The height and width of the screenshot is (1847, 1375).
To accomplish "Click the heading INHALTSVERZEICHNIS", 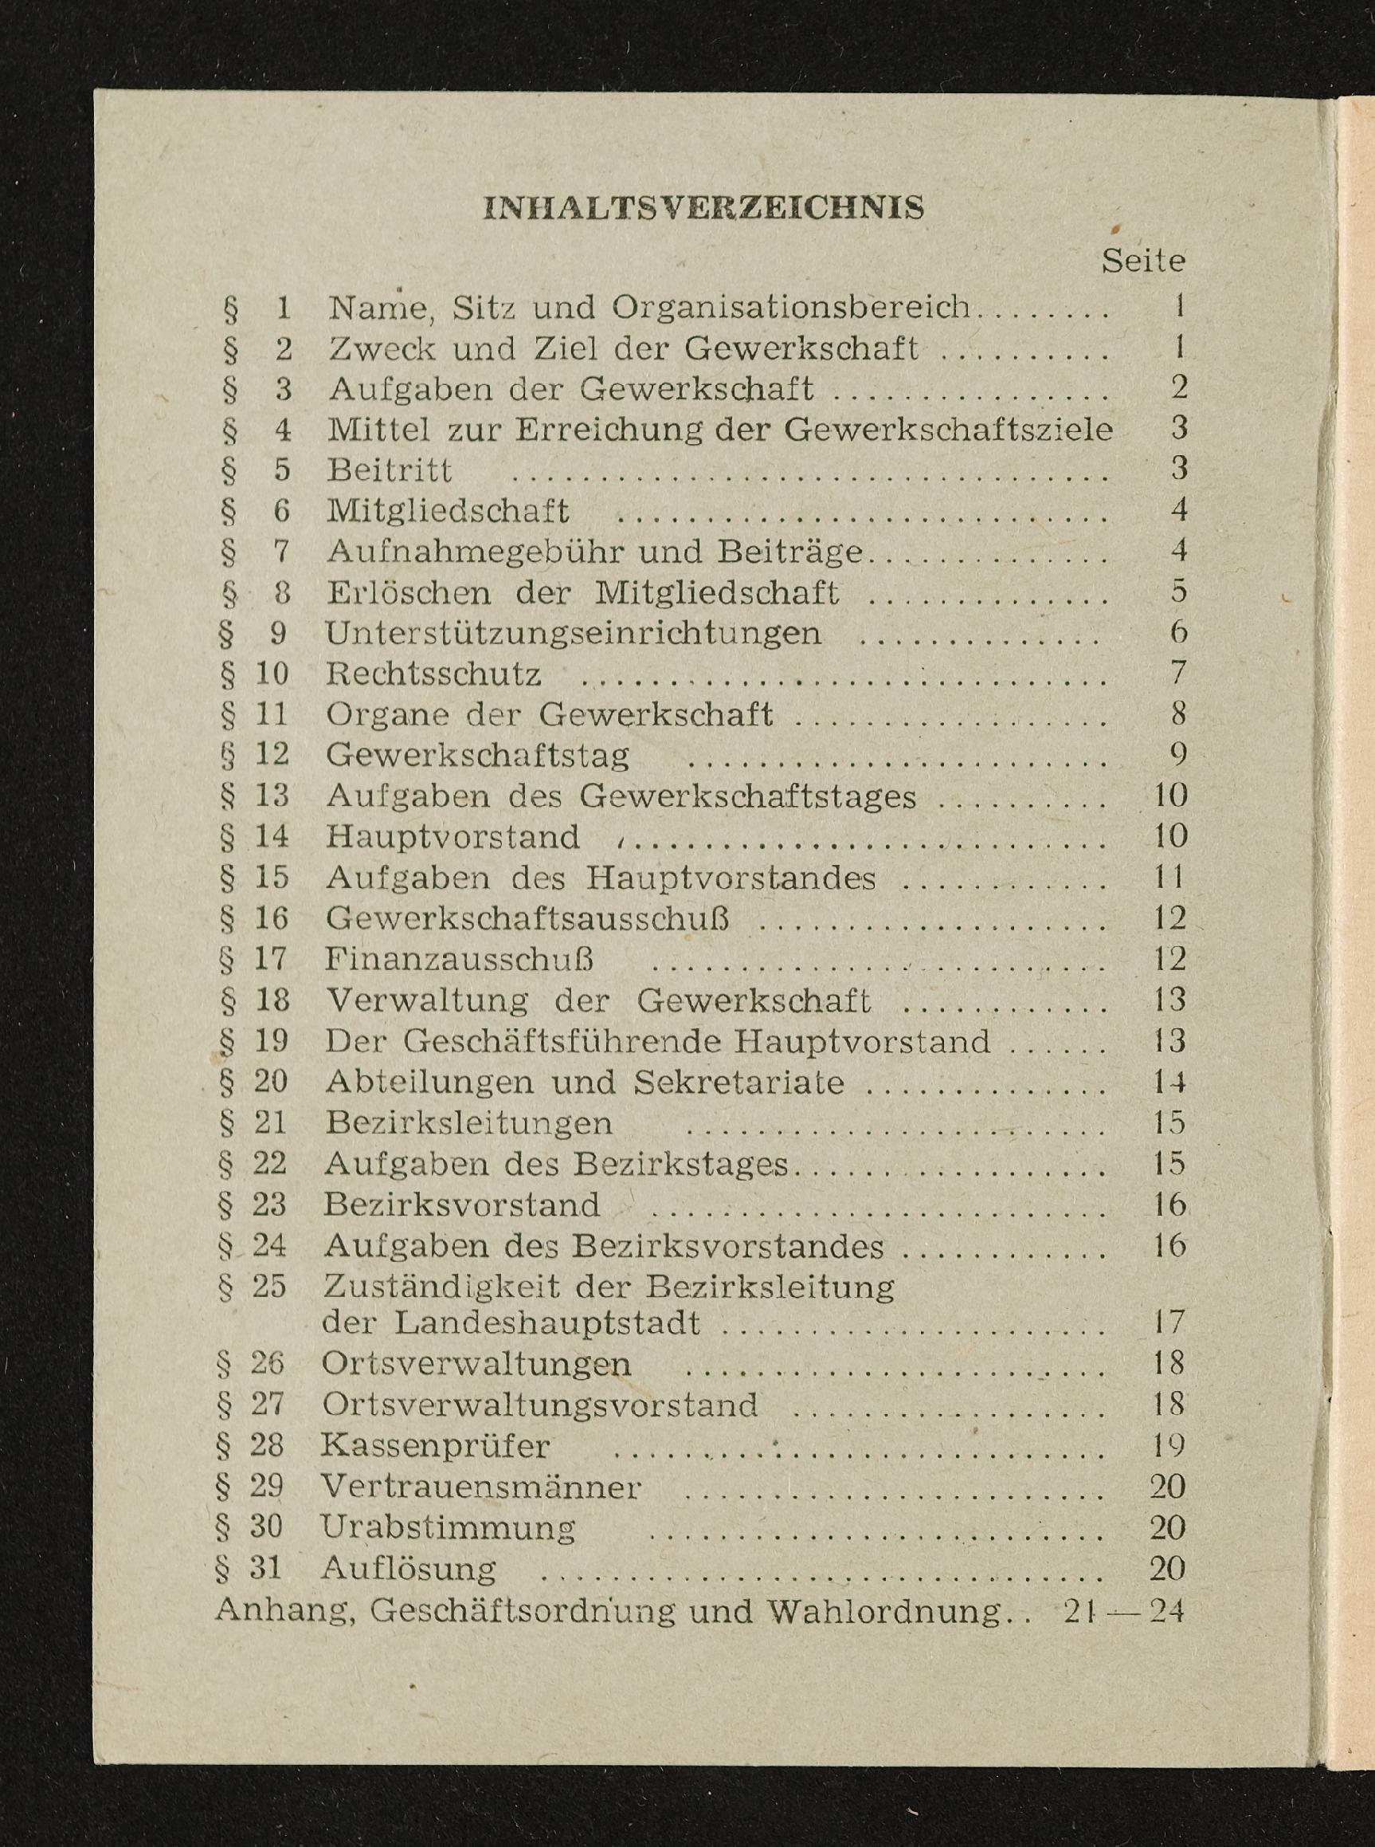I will pos(703,207).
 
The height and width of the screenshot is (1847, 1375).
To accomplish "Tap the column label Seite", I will pos(1143,261).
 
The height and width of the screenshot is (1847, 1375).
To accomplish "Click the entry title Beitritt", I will pos(390,470).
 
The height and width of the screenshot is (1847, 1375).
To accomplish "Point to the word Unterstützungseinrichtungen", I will pos(573,634).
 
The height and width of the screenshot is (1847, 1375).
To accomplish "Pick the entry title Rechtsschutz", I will pos(433,674).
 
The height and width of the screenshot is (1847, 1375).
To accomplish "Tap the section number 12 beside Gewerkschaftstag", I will pos(272,754).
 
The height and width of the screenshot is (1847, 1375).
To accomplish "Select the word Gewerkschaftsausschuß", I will pos(527,918).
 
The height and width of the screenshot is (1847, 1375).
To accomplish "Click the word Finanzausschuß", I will pos(459,959).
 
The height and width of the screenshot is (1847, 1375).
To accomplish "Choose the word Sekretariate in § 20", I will pos(738,1083).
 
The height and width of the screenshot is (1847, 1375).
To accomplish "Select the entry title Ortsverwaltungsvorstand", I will pos(539,1405).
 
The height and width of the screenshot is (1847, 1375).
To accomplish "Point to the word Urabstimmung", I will pos(448,1527).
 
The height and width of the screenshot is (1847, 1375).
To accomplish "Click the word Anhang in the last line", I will pos(285,1609).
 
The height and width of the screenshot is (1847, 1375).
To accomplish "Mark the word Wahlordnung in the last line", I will pos(884,1610).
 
